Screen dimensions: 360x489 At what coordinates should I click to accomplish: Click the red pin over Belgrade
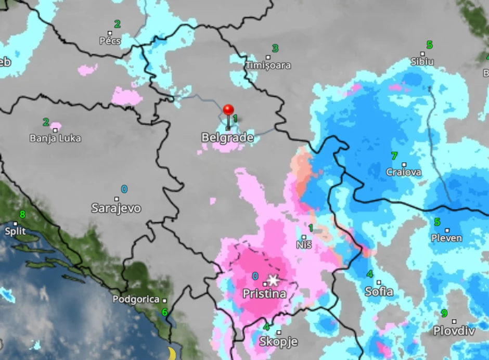228,111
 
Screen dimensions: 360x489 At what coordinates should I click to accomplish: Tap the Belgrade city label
227,138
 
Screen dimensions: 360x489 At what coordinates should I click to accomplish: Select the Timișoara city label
268,66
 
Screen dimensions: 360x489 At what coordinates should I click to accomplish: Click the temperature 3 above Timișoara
275,48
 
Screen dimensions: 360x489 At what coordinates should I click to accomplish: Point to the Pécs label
110,41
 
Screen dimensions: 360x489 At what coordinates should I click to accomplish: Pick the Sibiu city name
422,62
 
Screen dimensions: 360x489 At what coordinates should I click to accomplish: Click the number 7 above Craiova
394,156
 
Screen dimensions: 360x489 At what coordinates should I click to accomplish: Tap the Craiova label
404,172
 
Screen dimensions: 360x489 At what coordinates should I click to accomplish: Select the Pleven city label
446,238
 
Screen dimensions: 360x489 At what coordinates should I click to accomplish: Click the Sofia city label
379,291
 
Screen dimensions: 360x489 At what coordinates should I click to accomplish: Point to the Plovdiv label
454,331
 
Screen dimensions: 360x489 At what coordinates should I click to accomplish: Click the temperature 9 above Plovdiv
444,313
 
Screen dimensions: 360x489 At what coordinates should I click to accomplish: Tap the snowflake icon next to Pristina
272,280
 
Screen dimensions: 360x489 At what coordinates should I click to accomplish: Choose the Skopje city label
278,342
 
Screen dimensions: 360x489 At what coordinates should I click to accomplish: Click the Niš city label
304,245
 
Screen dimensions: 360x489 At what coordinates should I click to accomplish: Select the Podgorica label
136,300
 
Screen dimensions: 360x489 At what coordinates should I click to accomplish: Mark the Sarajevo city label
116,208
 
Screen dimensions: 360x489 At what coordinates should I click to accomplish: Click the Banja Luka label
55,138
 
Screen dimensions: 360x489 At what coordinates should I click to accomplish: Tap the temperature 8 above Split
22,214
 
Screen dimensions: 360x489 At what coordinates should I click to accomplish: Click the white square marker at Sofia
379,282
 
